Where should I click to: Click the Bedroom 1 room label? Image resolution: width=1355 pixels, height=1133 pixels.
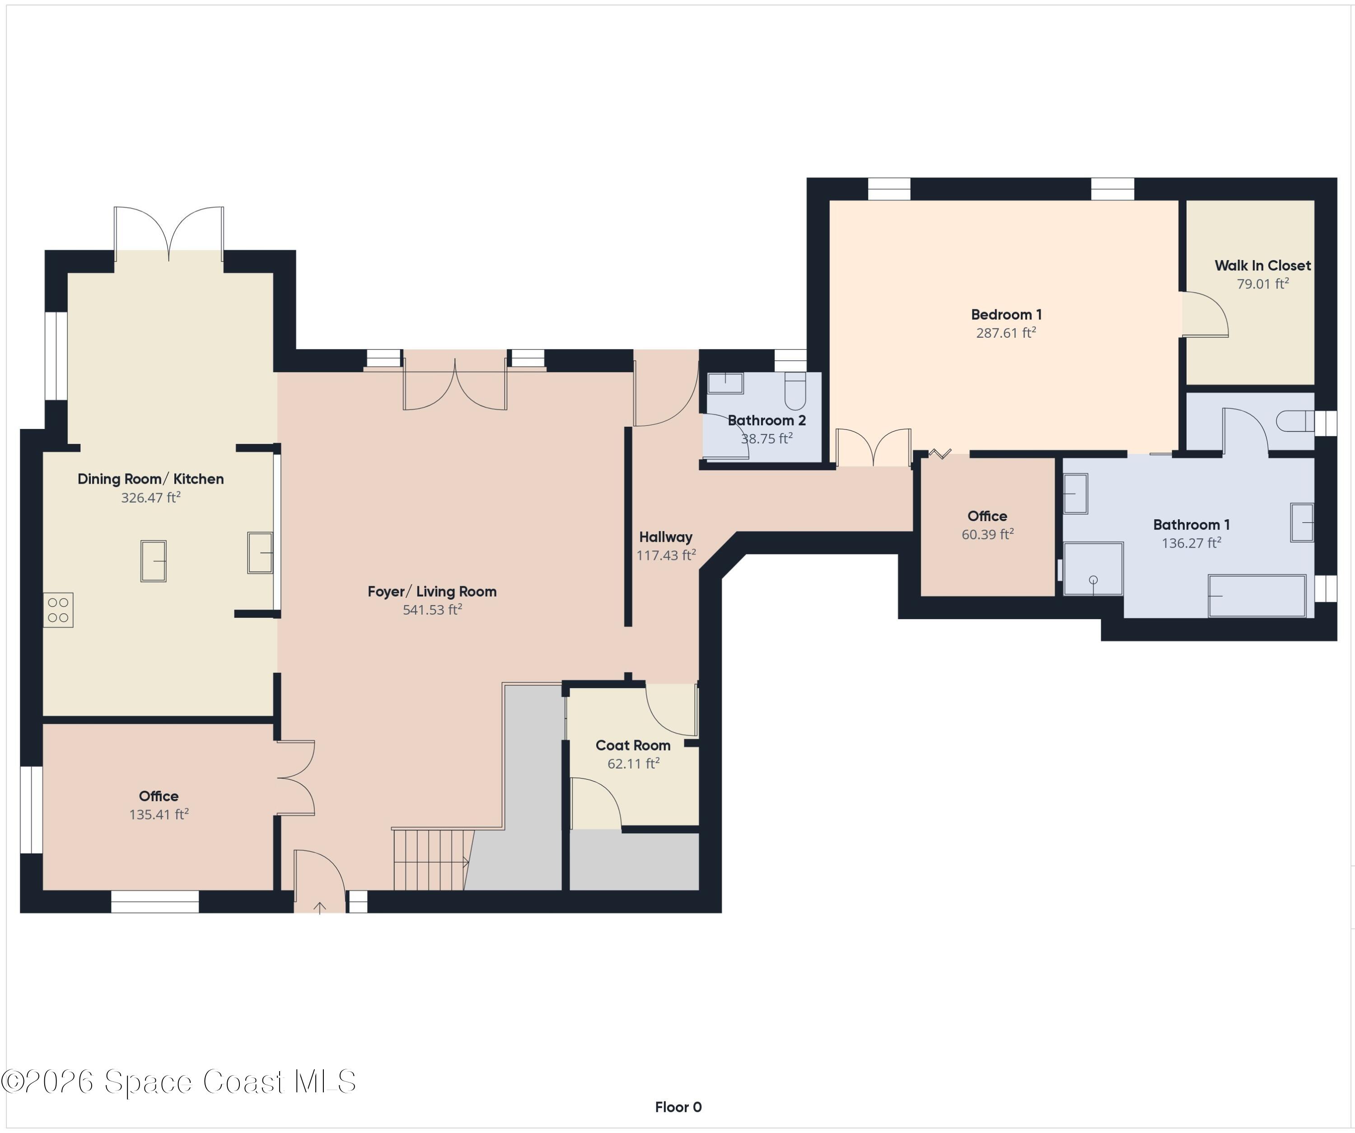coord(1006,315)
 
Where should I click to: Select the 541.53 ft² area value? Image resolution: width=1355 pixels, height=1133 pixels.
coord(432,610)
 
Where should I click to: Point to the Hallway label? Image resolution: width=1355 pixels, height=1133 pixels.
coord(666,537)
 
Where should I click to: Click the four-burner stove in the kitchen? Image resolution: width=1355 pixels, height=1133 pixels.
coord(58,610)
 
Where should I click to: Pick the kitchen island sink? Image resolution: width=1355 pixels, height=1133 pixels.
coord(154,561)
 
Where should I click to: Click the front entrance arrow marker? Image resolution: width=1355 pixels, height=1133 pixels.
coord(319,907)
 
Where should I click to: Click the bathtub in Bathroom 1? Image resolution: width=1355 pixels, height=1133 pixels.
coord(1257,596)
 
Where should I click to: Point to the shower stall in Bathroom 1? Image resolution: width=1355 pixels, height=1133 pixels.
coord(1093,569)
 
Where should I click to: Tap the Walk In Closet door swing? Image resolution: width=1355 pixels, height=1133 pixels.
coord(1205,314)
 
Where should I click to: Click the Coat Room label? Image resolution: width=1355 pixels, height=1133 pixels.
coord(633,745)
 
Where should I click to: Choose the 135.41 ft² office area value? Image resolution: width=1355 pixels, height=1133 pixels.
coord(159,814)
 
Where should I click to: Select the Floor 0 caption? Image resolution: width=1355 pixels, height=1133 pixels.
coord(678,1107)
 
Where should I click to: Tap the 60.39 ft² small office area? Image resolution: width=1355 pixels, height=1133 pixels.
coord(987,534)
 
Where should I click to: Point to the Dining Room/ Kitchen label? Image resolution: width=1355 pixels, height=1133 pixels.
coord(150,479)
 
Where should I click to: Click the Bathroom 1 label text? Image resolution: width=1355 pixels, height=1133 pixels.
coord(1191,525)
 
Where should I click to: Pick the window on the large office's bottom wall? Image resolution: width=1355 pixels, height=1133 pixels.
coord(155,901)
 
